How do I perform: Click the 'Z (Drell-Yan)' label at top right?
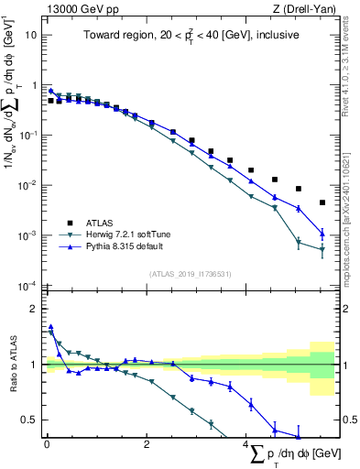tap(305, 9)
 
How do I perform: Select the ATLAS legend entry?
tap(102, 222)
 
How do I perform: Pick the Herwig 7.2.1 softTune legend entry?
tap(128, 234)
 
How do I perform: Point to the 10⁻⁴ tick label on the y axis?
tap(27, 286)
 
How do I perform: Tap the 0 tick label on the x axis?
tap(47, 446)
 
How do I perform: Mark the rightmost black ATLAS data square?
tap(322, 202)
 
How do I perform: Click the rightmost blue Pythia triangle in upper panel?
tap(322, 234)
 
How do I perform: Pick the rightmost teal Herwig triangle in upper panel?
tap(322, 249)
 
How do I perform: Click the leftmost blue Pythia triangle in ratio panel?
tap(51, 326)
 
